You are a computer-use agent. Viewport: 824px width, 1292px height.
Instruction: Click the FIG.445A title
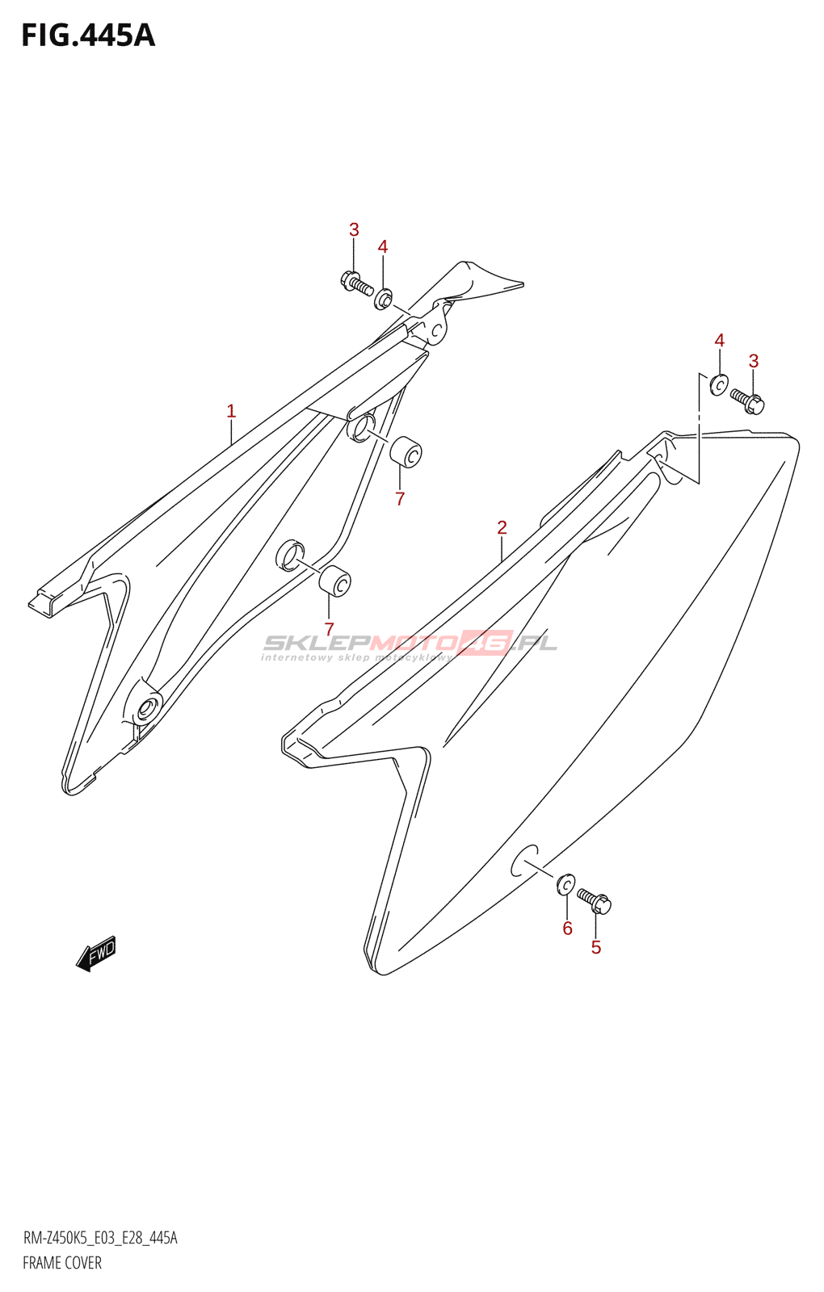(x=87, y=36)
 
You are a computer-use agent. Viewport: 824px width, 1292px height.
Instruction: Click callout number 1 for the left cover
(x=231, y=411)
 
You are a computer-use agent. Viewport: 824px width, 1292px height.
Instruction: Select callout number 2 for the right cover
(x=502, y=527)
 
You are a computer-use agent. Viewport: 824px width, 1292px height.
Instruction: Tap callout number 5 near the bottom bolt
(x=596, y=947)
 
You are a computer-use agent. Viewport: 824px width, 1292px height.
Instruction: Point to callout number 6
(x=567, y=929)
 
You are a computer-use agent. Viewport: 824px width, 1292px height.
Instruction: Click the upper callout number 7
(x=400, y=499)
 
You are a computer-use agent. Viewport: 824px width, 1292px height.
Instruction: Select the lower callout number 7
(x=329, y=628)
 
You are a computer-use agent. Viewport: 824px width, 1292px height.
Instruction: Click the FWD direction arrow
(x=96, y=954)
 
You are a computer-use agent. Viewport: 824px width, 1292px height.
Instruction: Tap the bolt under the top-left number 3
(x=355, y=283)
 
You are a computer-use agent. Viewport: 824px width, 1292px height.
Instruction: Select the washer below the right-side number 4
(x=718, y=385)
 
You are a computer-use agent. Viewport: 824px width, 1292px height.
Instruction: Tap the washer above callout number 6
(x=566, y=884)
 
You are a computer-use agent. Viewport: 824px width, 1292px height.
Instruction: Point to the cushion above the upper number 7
(x=406, y=452)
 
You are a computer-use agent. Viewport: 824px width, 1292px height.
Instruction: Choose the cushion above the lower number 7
(x=334, y=581)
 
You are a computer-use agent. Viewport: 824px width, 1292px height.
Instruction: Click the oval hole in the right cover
(x=525, y=861)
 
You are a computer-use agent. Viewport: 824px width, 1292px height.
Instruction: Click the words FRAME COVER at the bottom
(x=62, y=1263)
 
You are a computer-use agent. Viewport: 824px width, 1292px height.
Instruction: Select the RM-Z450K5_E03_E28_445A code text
(x=100, y=1238)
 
